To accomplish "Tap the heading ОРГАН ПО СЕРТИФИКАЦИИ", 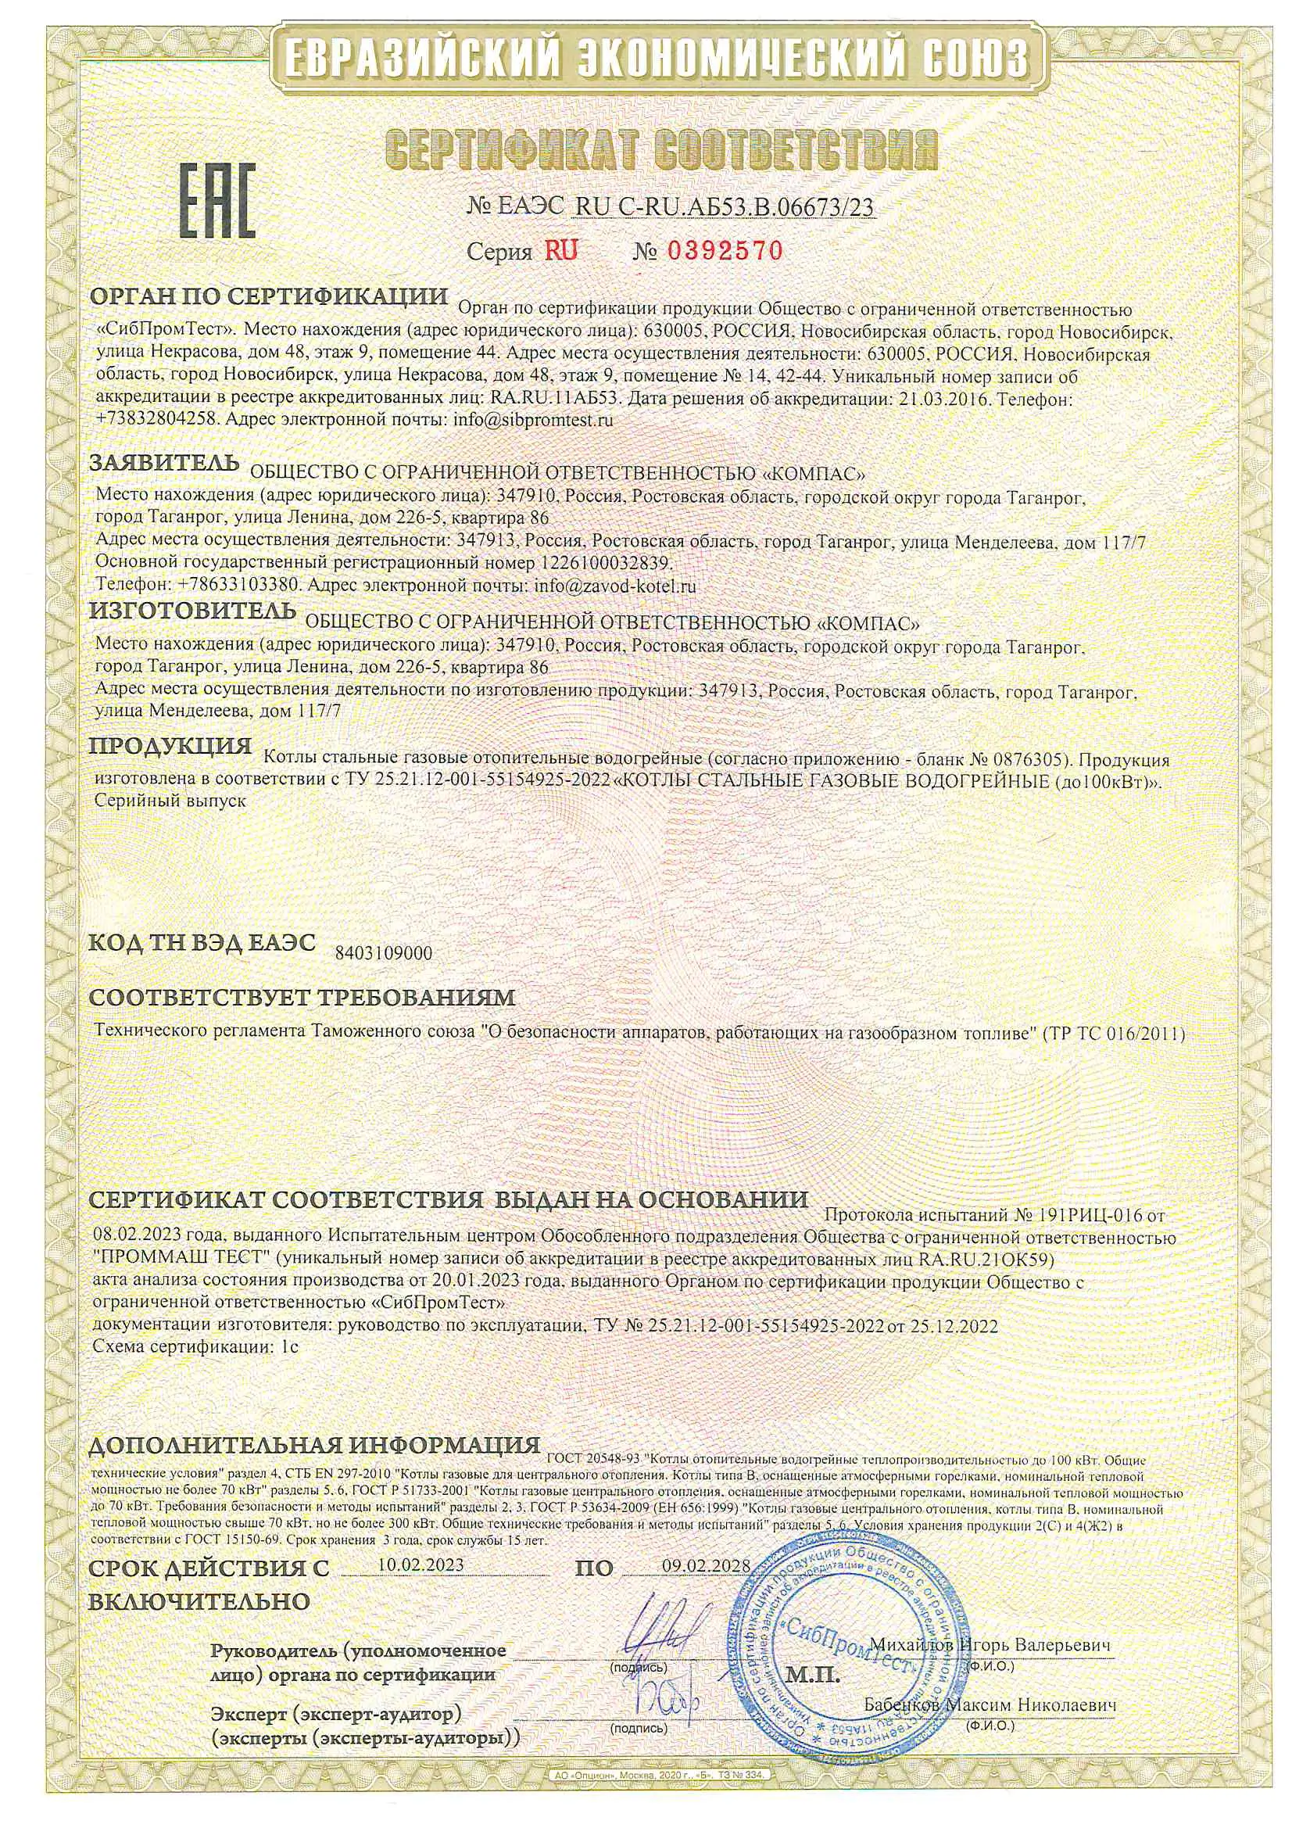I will point(269,298).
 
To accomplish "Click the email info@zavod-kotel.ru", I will point(615,586).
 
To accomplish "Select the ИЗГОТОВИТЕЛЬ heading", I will point(191,611).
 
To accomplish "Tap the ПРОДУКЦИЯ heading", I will point(170,747).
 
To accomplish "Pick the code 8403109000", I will point(384,954).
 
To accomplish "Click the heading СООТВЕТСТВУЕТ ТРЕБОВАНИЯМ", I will point(302,998).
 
